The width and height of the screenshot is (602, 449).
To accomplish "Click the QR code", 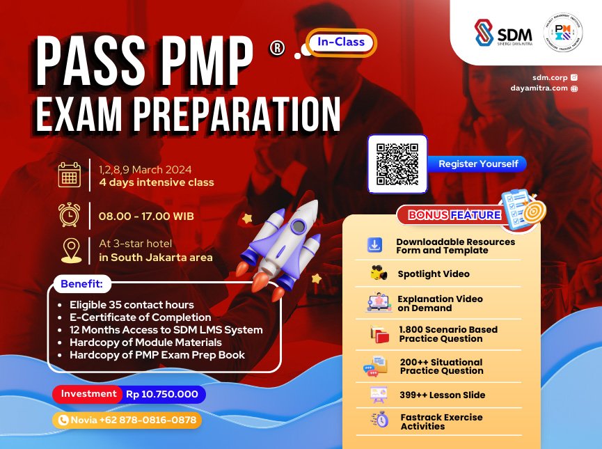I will pos(397,164).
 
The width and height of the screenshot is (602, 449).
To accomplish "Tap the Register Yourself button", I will pos(478,164).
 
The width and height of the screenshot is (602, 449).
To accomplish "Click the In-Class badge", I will pos(341,42).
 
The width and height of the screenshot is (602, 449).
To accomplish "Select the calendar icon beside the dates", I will pos(69,175).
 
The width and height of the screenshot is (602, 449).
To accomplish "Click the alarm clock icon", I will pos(69,215).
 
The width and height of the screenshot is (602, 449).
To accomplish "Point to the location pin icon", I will pos(70,250).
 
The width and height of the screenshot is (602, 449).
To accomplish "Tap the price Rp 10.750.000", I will pos(162,394).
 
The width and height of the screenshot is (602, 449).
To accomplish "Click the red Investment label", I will pos(88,394).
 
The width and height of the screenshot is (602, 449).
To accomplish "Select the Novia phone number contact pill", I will pos(127,420).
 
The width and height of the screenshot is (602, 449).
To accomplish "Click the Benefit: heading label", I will pos(81,284).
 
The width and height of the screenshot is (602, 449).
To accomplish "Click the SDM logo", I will pos(503,33).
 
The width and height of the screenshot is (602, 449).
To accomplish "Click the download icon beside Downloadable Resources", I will pos(374,245).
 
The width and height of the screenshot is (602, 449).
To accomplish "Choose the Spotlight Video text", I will pos(434,274).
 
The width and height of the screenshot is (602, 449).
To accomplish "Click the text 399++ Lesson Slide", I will pos(442,395).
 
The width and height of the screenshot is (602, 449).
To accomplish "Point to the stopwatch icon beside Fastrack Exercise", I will pos(380,420).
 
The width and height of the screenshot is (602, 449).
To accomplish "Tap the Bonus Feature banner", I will pos(452,214).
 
